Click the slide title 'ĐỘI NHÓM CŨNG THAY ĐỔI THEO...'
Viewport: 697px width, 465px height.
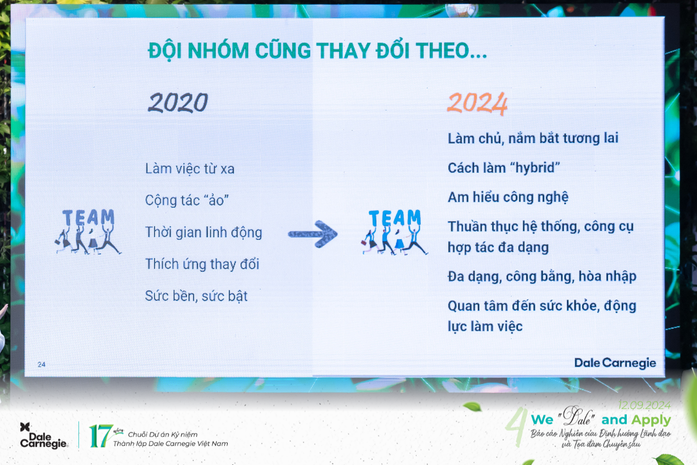(317, 51)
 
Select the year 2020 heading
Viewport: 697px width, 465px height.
(178, 103)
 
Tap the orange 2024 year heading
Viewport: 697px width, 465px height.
(477, 103)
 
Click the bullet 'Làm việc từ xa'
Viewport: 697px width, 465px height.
(190, 169)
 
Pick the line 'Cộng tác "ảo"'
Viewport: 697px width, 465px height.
(188, 201)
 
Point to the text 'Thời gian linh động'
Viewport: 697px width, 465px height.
(204, 233)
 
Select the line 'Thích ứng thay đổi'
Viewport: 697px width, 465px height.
(202, 264)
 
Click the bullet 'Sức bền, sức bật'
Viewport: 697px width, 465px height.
(196, 296)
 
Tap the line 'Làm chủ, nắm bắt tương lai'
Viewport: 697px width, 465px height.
(533, 138)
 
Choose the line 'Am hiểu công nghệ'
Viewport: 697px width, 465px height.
(508, 197)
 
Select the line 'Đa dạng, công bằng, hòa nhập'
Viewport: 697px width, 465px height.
(542, 277)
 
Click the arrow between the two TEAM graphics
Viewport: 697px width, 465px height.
(313, 233)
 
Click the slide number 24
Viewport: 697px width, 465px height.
(41, 364)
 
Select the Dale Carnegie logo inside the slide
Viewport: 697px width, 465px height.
(615, 363)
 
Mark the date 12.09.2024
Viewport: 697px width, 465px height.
(644, 405)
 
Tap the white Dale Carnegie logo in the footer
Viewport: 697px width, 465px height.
(44, 435)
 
